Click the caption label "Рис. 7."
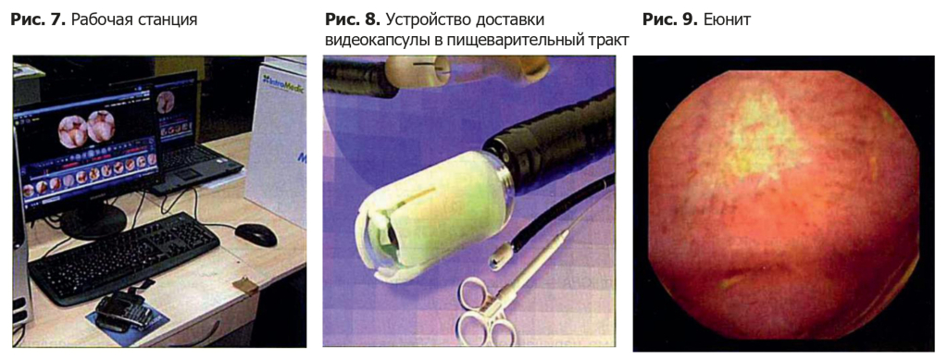[x=36, y=19]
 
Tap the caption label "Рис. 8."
[x=352, y=19]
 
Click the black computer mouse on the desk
[x=255, y=234]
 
